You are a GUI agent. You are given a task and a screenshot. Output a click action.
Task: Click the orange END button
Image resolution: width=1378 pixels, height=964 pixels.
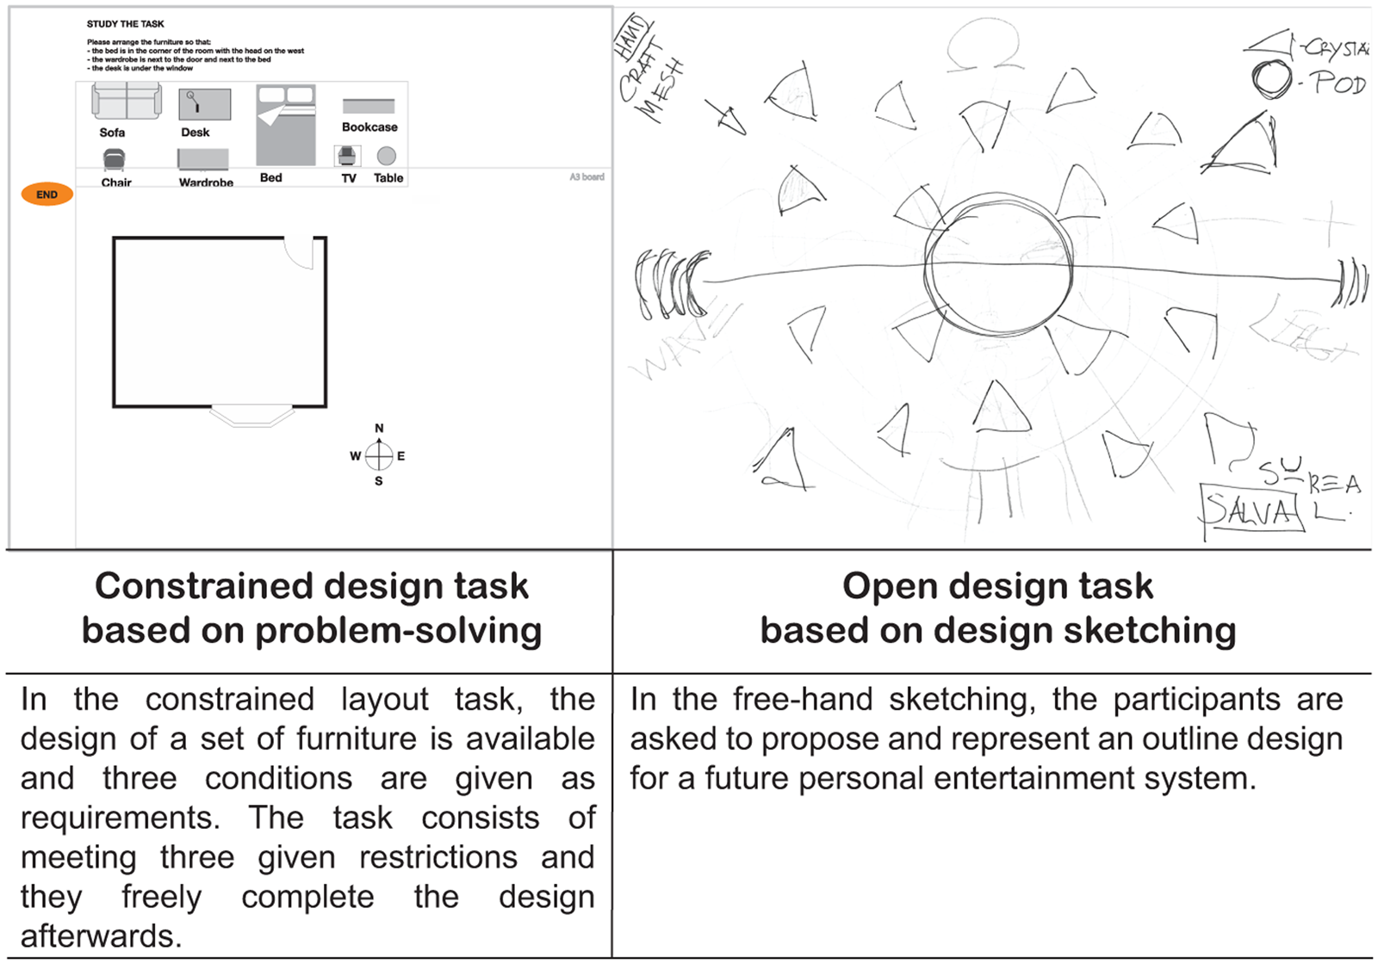pos(47,195)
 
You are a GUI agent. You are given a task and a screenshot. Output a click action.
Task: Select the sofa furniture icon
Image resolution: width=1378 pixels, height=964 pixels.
pos(126,102)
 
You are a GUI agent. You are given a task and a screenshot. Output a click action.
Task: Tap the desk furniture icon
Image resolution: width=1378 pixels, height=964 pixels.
pos(204,104)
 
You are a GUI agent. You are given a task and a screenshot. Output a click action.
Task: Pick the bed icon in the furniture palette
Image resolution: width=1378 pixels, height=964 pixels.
pos(286,125)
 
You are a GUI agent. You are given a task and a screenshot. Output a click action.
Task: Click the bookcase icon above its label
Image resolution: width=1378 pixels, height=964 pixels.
pos(369,106)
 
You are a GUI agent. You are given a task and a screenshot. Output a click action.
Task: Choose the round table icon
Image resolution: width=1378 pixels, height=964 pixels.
pos(387,156)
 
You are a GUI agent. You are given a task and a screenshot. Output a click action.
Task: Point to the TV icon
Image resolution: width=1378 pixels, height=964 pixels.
pos(346,156)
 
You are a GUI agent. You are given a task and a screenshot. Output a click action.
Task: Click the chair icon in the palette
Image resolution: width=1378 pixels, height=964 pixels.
pos(114,159)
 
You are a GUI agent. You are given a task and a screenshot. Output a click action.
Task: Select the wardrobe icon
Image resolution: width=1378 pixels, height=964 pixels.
pos(203,159)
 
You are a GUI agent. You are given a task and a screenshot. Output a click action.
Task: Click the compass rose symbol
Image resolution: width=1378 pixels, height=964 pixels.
pos(379,454)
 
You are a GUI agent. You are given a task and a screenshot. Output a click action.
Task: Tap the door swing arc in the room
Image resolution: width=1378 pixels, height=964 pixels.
pos(299,253)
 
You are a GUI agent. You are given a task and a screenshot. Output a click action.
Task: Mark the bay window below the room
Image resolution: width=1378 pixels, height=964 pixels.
pos(251,416)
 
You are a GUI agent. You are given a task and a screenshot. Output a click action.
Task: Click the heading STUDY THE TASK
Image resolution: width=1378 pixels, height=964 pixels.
pos(125,24)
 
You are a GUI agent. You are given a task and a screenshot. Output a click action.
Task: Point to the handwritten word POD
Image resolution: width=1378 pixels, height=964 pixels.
pos(1338,83)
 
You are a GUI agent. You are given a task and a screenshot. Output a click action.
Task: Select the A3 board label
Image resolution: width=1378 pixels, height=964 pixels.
pos(587,177)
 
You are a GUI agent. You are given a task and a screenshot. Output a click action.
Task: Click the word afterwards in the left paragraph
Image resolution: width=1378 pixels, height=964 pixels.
pos(101,936)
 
